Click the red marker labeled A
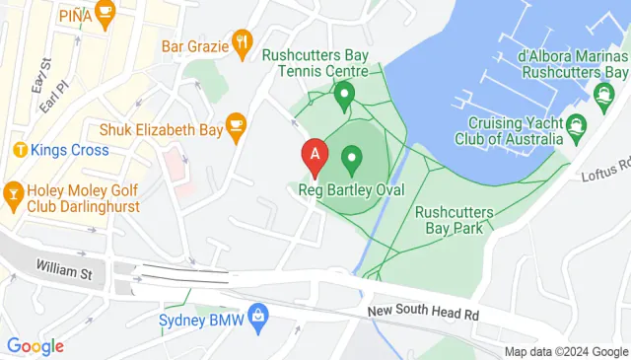(315, 155)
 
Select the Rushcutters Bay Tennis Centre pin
(344, 96)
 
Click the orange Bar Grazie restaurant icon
(242, 41)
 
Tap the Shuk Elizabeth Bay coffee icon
(235, 124)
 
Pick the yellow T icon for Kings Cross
(19, 150)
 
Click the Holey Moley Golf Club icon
(14, 190)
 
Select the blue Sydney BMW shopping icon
(257, 316)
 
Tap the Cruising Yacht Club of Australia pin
(576, 125)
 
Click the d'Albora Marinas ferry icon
(602, 95)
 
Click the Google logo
(35, 346)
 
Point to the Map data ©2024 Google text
(566, 352)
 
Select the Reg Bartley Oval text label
(351, 188)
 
